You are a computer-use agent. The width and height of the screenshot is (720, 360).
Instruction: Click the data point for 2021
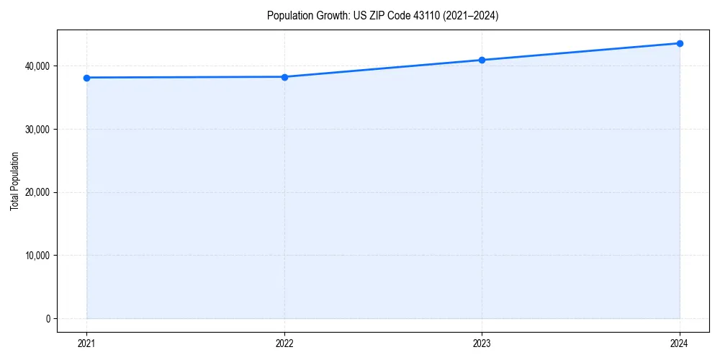click(86, 78)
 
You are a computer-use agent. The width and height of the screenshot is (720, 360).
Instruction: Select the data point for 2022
click(284, 77)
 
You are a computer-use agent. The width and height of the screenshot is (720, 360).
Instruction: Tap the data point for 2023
click(482, 60)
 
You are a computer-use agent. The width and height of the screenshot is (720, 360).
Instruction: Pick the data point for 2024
click(680, 43)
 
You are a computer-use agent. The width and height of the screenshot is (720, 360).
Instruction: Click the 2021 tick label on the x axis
click(86, 343)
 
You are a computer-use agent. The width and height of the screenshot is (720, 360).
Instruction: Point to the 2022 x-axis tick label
click(284, 343)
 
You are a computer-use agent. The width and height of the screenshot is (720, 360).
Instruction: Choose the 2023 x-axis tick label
click(482, 343)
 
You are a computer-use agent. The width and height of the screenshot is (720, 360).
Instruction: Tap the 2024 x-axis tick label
click(680, 343)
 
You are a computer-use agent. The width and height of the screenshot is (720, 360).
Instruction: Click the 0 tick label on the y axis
click(48, 319)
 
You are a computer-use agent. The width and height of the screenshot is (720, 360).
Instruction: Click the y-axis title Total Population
click(14, 181)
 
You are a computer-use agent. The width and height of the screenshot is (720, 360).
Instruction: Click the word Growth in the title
click(328, 16)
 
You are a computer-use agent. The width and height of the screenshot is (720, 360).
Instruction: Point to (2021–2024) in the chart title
click(471, 16)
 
